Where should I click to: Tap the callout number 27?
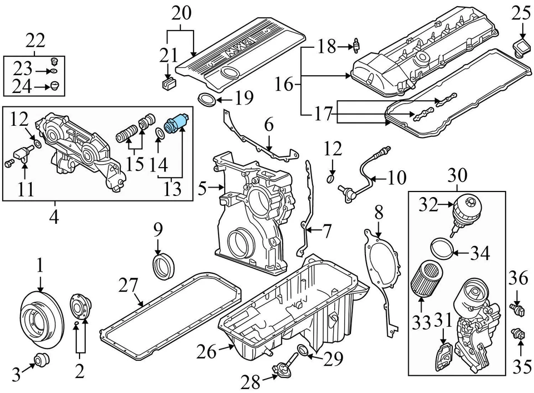click(x=128, y=287)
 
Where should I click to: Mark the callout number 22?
click(x=34, y=40)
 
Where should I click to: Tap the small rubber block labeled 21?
click(x=168, y=83)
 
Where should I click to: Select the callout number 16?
click(x=284, y=84)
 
